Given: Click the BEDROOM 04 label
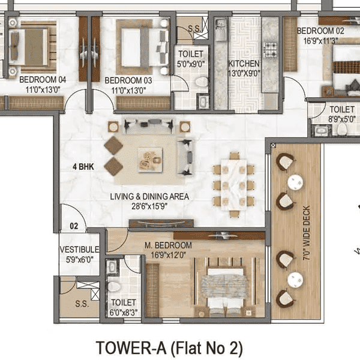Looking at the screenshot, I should click(42, 79).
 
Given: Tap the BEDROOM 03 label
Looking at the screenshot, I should click(128, 79).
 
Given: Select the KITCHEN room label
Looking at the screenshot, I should click(244, 64).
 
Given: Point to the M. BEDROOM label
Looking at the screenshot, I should click(168, 245).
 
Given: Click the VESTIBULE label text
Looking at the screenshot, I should click(79, 250).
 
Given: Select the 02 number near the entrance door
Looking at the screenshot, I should click(74, 226).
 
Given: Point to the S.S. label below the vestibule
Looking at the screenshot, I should click(82, 304).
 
